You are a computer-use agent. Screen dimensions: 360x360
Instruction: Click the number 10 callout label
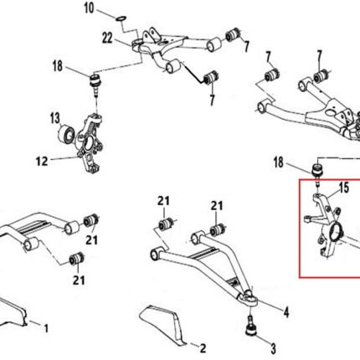click(90, 8)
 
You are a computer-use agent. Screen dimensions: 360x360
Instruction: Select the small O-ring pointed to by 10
click(121, 18)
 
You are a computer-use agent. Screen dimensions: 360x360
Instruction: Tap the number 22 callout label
click(107, 38)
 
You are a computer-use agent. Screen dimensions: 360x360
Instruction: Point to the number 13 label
click(55, 118)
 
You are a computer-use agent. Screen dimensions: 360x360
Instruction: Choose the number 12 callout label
click(42, 161)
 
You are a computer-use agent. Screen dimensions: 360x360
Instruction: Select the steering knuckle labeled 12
click(90, 143)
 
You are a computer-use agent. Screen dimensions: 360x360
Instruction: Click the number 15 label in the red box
click(344, 188)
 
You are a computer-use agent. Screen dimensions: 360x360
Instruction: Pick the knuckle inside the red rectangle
click(327, 226)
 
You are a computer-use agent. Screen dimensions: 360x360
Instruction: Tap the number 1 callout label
click(46, 328)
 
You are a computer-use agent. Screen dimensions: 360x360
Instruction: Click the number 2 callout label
click(203, 348)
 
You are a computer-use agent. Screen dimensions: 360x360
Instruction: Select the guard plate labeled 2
click(162, 323)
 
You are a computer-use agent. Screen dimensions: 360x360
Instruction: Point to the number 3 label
click(273, 348)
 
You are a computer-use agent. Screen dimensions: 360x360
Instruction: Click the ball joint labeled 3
click(251, 326)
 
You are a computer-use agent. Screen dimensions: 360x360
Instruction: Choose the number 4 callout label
click(286, 312)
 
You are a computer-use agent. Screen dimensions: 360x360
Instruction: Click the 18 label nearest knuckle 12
click(58, 66)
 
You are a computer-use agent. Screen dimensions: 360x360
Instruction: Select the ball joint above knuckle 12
click(95, 83)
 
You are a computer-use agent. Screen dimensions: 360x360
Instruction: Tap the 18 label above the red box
click(279, 162)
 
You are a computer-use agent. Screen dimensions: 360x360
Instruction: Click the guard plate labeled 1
click(13, 311)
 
